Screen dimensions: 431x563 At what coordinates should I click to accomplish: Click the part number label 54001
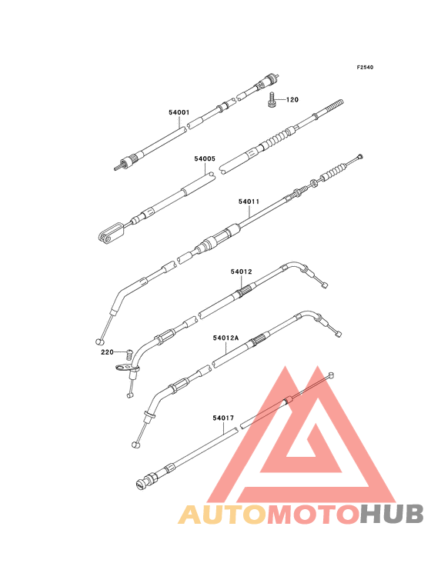[x=179, y=112]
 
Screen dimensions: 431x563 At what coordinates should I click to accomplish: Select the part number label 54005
[x=205, y=158]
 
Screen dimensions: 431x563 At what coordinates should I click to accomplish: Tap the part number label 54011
[x=249, y=202]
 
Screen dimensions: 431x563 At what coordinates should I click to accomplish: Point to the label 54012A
[x=226, y=338]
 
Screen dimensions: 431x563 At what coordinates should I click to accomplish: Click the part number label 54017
[x=223, y=418]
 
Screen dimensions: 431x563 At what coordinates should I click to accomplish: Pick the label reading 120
[x=292, y=100]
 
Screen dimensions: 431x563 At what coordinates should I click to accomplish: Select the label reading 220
[x=107, y=352]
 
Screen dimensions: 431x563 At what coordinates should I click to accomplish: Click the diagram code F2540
[x=365, y=67]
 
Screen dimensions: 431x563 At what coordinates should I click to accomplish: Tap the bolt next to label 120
[x=272, y=99]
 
